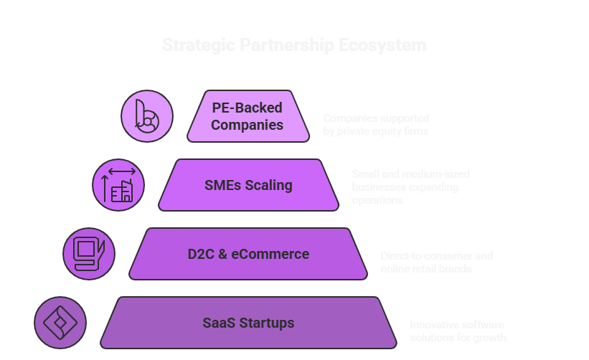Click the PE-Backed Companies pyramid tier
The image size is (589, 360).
(x=248, y=116)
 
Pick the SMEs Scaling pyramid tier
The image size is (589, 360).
(x=248, y=185)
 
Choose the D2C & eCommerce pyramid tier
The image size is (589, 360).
(x=248, y=254)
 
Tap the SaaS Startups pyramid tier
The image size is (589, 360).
(x=248, y=323)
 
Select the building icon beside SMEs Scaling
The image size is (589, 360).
(x=118, y=185)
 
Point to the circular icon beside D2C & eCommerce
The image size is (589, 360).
(x=89, y=253)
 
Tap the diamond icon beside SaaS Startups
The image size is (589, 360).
(x=60, y=323)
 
